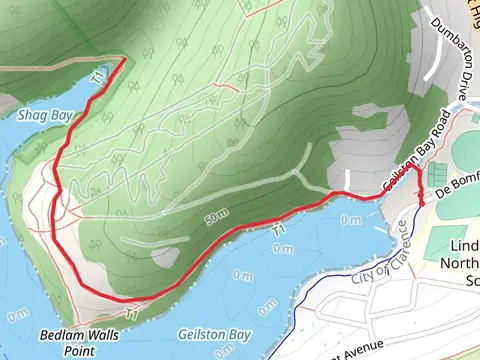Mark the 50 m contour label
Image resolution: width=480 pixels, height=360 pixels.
216,219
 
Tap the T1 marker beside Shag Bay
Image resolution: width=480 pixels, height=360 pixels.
97,76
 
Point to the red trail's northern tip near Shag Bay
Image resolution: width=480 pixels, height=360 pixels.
124,60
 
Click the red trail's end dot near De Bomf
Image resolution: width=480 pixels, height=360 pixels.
422,203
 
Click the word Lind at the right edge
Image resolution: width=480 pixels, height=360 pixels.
461,247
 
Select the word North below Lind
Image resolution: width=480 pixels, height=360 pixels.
460,265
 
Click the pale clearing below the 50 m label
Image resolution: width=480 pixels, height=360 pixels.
166,258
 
